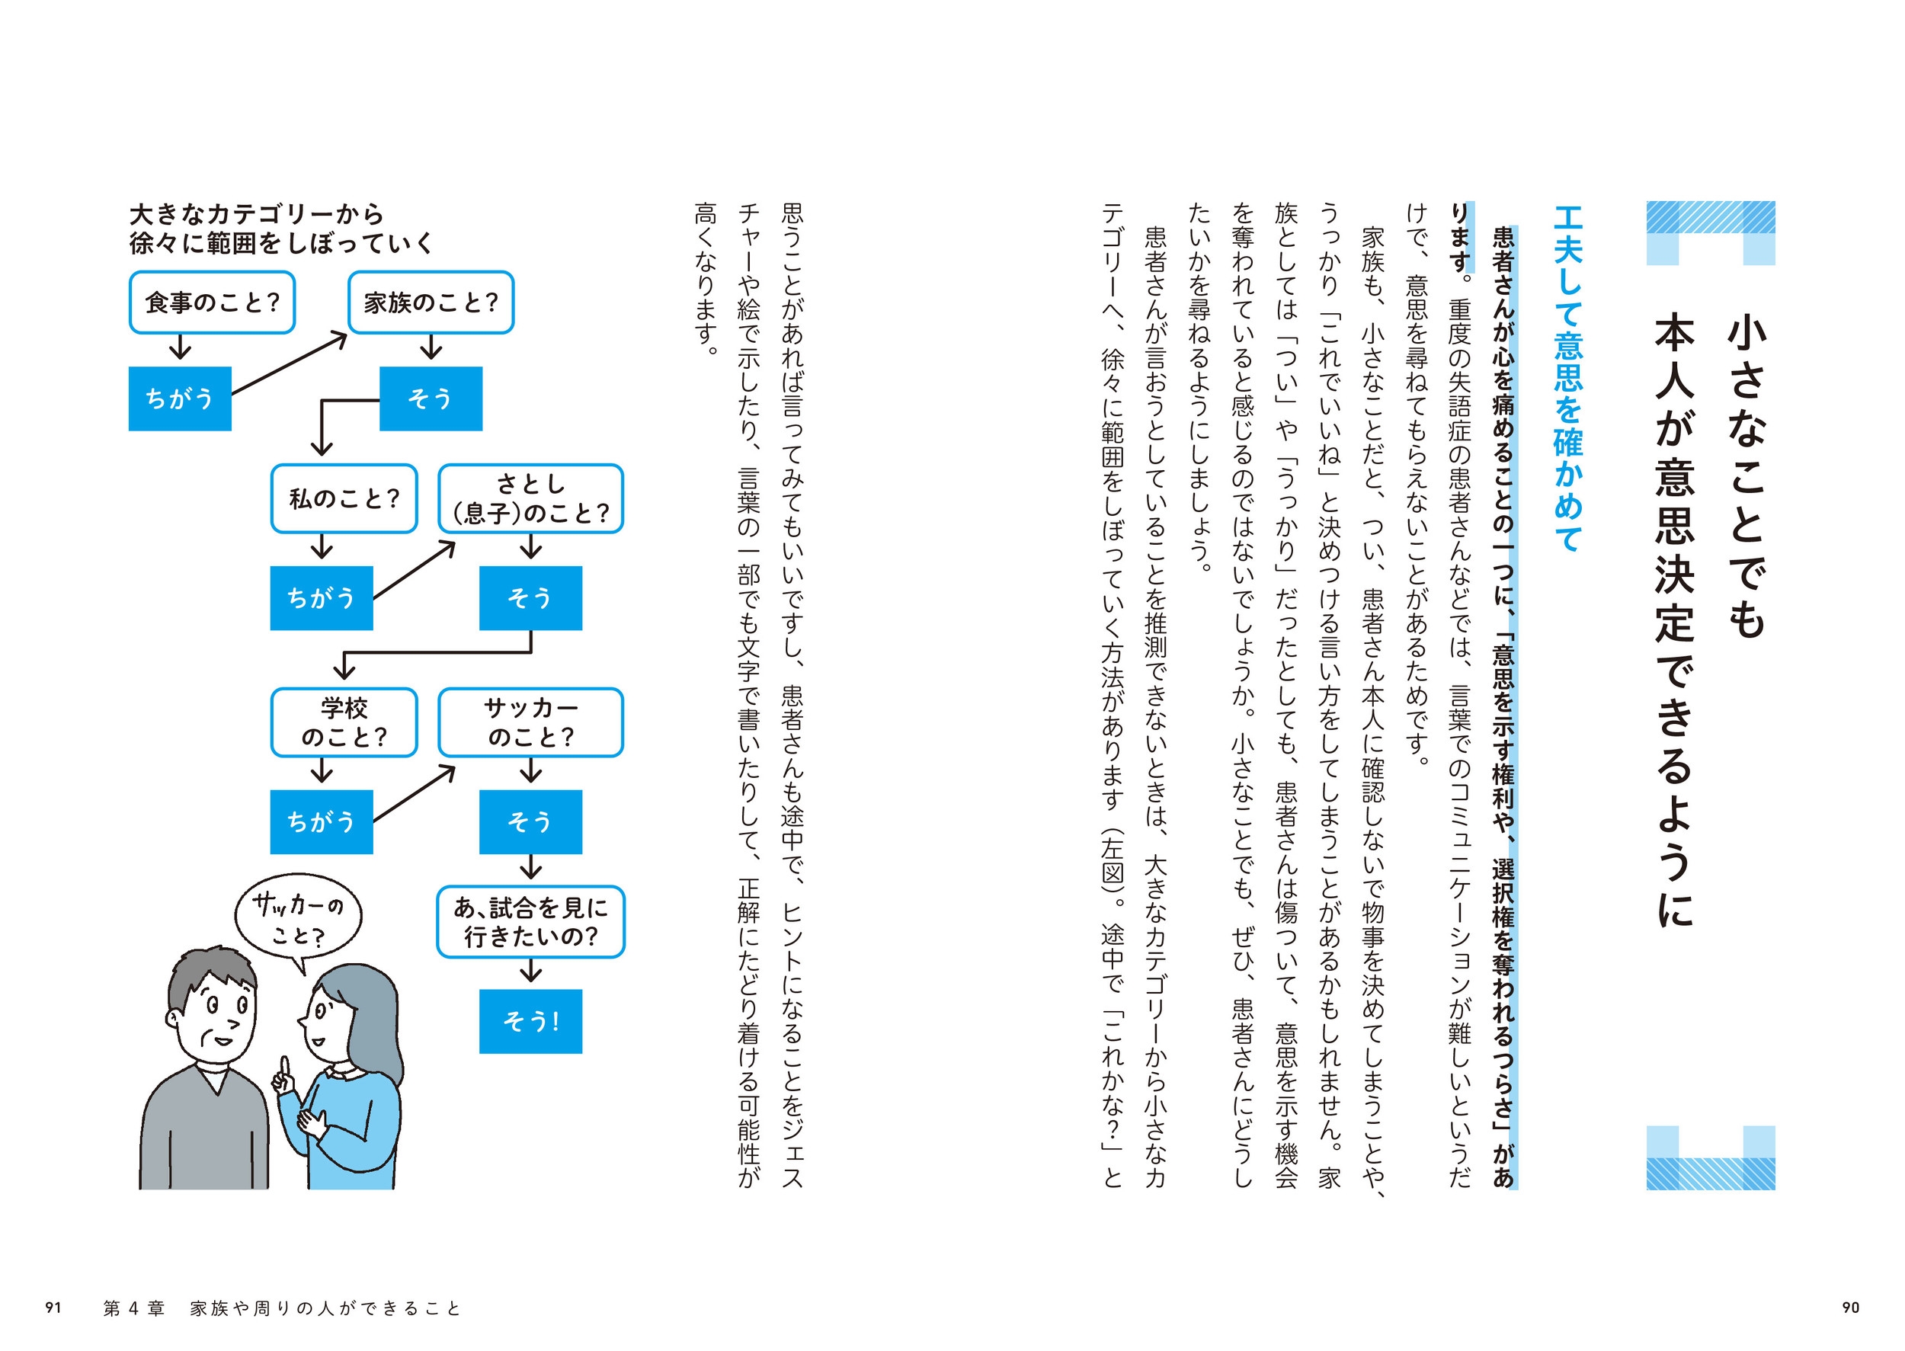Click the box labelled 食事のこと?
point(212,302)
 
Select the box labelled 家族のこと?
point(431,302)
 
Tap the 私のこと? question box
point(344,498)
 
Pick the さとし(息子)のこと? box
point(531,498)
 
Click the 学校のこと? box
point(344,722)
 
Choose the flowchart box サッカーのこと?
point(531,722)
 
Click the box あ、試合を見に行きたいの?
point(531,922)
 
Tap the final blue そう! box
point(531,1022)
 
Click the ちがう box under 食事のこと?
point(180,399)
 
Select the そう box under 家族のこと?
point(431,399)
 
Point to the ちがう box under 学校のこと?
point(321,822)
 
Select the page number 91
point(53,1308)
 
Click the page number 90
point(1850,1308)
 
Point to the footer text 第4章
point(134,1308)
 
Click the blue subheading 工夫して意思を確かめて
point(1568,379)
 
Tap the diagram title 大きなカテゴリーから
point(256,215)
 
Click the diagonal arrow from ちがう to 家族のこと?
point(289,363)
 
